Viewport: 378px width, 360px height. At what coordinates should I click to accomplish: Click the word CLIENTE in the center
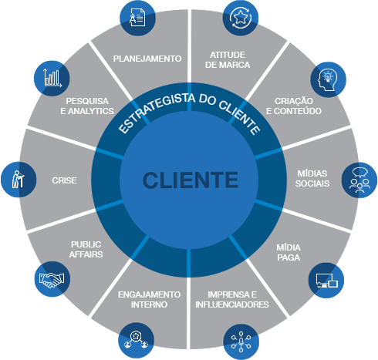190,180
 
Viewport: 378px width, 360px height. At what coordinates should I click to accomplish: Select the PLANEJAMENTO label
147,59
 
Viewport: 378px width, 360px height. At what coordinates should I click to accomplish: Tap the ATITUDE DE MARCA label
228,59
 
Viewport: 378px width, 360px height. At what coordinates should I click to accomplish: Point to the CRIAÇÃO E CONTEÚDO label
294,106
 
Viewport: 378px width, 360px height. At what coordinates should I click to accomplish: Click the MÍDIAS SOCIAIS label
313,179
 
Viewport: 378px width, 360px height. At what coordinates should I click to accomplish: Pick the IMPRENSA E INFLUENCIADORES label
231,299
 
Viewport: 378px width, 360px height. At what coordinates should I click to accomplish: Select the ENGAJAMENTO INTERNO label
150,299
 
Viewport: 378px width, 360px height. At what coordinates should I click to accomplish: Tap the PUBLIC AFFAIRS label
86,249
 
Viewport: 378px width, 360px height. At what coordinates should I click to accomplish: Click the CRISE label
64,180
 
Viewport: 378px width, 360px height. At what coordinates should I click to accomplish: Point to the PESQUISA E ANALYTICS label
86,106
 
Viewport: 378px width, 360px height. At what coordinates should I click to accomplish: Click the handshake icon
52,279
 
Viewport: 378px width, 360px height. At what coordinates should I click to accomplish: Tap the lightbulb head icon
326,79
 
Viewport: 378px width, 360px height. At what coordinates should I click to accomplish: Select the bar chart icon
52,78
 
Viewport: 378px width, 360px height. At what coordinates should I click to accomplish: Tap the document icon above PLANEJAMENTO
139,15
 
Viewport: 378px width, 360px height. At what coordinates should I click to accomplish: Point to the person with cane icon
19,180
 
